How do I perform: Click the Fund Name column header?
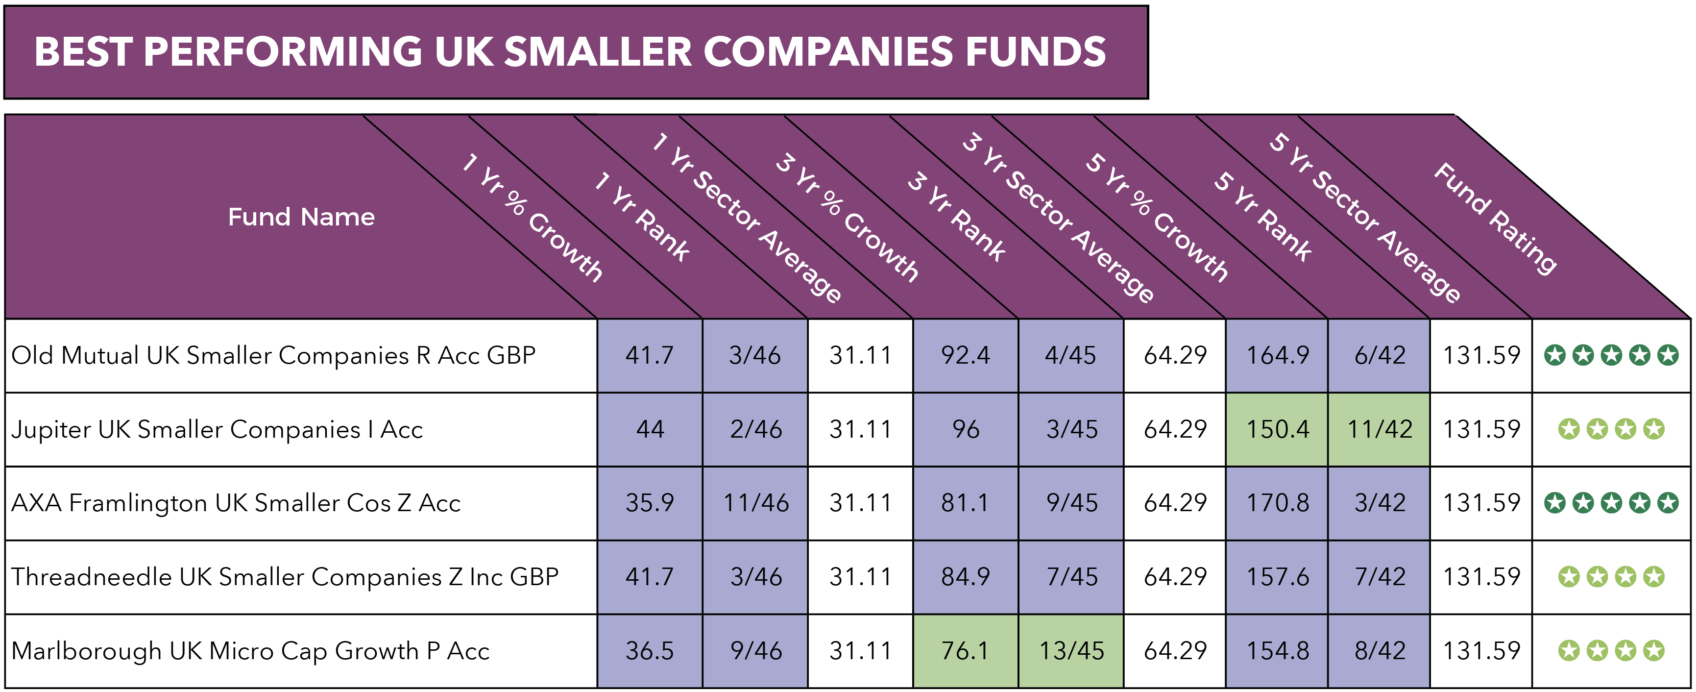click(x=301, y=217)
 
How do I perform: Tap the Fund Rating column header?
click(x=1495, y=217)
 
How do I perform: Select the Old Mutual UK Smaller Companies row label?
click(x=273, y=355)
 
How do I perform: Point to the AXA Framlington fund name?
click(x=236, y=503)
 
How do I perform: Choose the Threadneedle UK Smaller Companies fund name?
click(x=285, y=577)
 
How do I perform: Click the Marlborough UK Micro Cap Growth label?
click(x=250, y=650)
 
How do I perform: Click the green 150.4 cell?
click(x=1277, y=429)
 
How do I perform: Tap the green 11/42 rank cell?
click(x=1380, y=429)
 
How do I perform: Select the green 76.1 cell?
click(x=965, y=650)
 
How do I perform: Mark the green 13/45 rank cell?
click(x=1071, y=650)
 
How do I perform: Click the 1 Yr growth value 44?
click(x=650, y=429)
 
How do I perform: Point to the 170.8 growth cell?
click(x=1277, y=503)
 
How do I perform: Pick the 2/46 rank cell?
click(x=755, y=429)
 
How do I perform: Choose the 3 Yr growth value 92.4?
click(x=965, y=355)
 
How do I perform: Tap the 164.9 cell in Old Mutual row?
click(x=1277, y=355)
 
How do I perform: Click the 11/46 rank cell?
click(x=755, y=503)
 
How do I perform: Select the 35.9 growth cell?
click(x=650, y=503)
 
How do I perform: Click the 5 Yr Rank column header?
click(x=1263, y=217)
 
